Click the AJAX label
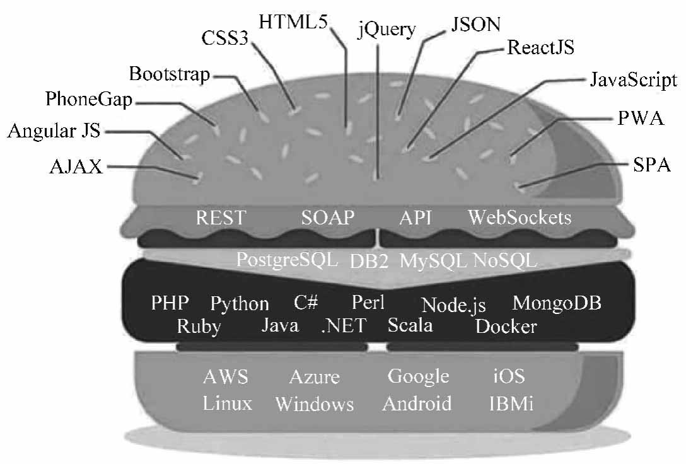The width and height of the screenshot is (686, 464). (76, 166)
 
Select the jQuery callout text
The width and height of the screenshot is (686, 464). (387, 29)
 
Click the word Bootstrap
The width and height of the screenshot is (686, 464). (169, 74)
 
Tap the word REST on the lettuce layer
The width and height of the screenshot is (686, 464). (220, 218)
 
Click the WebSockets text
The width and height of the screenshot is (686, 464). (520, 218)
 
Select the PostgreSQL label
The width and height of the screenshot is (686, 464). (288, 259)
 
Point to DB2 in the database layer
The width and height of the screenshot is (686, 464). (369, 261)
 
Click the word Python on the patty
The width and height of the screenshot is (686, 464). (240, 304)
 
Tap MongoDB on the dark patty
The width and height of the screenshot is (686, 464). (557, 303)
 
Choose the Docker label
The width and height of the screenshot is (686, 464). (506, 327)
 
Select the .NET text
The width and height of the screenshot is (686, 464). (341, 326)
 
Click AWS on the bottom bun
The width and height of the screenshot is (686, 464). (226, 377)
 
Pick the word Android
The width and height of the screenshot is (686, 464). (417, 403)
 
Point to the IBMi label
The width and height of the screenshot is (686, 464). (511, 403)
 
